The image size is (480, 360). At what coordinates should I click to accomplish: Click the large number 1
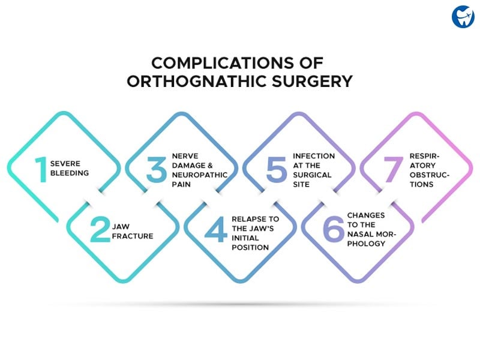click(41, 170)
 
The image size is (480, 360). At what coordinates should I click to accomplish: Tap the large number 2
click(100, 229)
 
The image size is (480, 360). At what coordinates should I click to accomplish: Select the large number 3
click(156, 169)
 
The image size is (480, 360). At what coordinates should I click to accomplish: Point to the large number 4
click(216, 229)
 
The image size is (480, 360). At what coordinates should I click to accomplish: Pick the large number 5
click(276, 169)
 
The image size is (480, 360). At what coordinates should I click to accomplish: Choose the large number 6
click(334, 229)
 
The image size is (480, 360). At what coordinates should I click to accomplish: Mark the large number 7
click(393, 170)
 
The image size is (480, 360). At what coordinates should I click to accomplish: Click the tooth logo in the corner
click(463, 17)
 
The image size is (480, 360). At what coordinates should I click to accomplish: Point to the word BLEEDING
click(70, 173)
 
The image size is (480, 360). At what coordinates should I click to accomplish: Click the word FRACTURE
click(133, 236)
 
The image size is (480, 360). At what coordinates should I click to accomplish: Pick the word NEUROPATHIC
click(200, 175)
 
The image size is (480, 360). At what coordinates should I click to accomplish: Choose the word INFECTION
click(314, 156)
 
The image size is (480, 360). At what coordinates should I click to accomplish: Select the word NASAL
click(359, 234)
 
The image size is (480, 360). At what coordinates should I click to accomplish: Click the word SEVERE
click(65, 164)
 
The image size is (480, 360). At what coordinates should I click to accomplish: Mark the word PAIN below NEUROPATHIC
click(181, 184)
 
